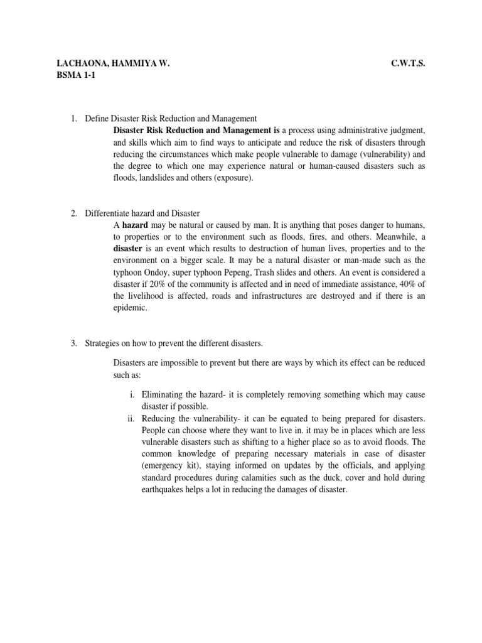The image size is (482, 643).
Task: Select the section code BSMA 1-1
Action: pyautogui.click(x=77, y=76)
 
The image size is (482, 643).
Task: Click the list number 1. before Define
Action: pyautogui.click(x=73, y=118)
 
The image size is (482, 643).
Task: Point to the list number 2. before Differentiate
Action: pyautogui.click(x=73, y=213)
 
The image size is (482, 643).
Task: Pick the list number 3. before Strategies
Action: pyautogui.click(x=73, y=343)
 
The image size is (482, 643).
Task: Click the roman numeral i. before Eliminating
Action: pyautogui.click(x=132, y=394)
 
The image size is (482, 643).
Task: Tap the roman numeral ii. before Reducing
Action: pyautogui.click(x=131, y=418)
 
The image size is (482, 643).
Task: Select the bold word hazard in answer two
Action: pyautogui.click(x=135, y=225)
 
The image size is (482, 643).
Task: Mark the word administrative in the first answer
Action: pyautogui.click(x=349, y=130)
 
